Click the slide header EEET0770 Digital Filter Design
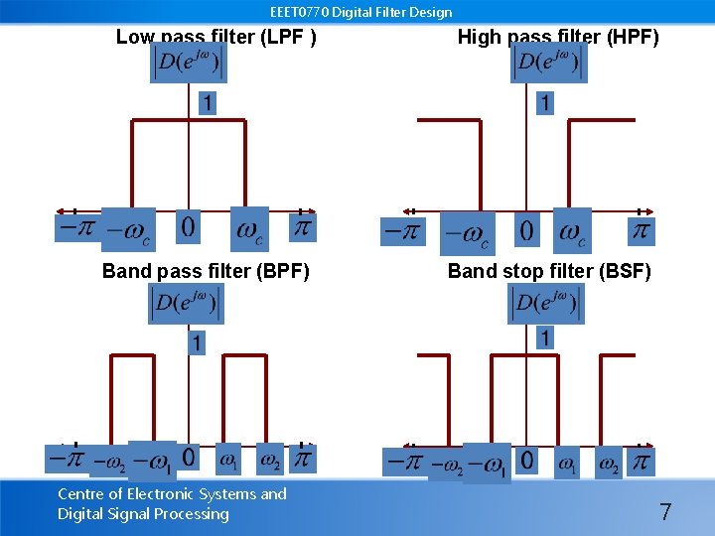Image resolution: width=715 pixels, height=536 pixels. (x=360, y=12)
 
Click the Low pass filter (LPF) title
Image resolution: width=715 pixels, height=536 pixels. (x=215, y=38)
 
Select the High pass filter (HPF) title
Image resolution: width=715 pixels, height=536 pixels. (x=557, y=38)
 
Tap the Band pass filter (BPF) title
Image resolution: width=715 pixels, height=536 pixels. (x=206, y=271)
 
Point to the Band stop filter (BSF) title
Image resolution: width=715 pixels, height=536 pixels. (x=549, y=271)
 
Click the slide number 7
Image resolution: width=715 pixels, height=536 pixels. (x=665, y=512)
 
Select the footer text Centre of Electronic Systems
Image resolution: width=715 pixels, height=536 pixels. (x=172, y=493)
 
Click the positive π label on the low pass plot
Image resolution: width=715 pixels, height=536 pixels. (x=303, y=227)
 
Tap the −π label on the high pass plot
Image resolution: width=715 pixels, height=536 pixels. (x=402, y=231)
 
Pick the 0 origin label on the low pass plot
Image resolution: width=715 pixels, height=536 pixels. (x=188, y=226)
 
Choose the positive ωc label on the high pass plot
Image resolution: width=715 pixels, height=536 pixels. (x=571, y=231)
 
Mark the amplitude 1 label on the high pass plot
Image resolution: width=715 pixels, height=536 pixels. (x=545, y=102)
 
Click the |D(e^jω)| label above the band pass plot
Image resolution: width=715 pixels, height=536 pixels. (x=187, y=304)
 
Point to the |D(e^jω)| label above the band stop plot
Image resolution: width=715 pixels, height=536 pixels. (x=545, y=304)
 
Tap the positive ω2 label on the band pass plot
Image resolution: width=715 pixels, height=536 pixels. (x=270, y=460)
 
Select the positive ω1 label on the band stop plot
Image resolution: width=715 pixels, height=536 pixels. (x=567, y=463)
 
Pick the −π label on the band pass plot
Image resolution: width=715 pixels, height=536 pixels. (x=67, y=459)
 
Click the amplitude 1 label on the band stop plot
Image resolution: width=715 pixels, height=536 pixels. (x=544, y=337)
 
